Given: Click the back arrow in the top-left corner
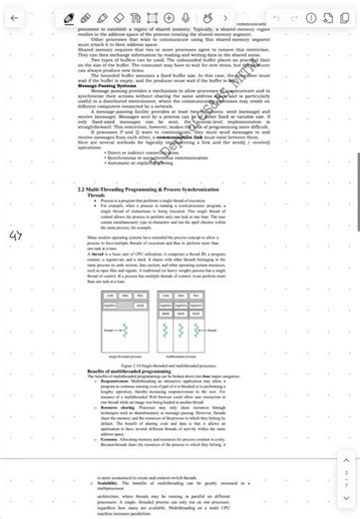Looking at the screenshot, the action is tap(14, 18).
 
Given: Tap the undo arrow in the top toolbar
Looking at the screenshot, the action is tap(276, 18).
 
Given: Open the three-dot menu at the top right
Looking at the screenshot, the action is tap(345, 18).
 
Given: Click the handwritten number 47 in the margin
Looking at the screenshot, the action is tap(15, 236).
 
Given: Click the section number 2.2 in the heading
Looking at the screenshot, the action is tap(82, 188).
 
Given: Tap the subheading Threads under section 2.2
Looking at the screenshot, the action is tap(96, 195).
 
